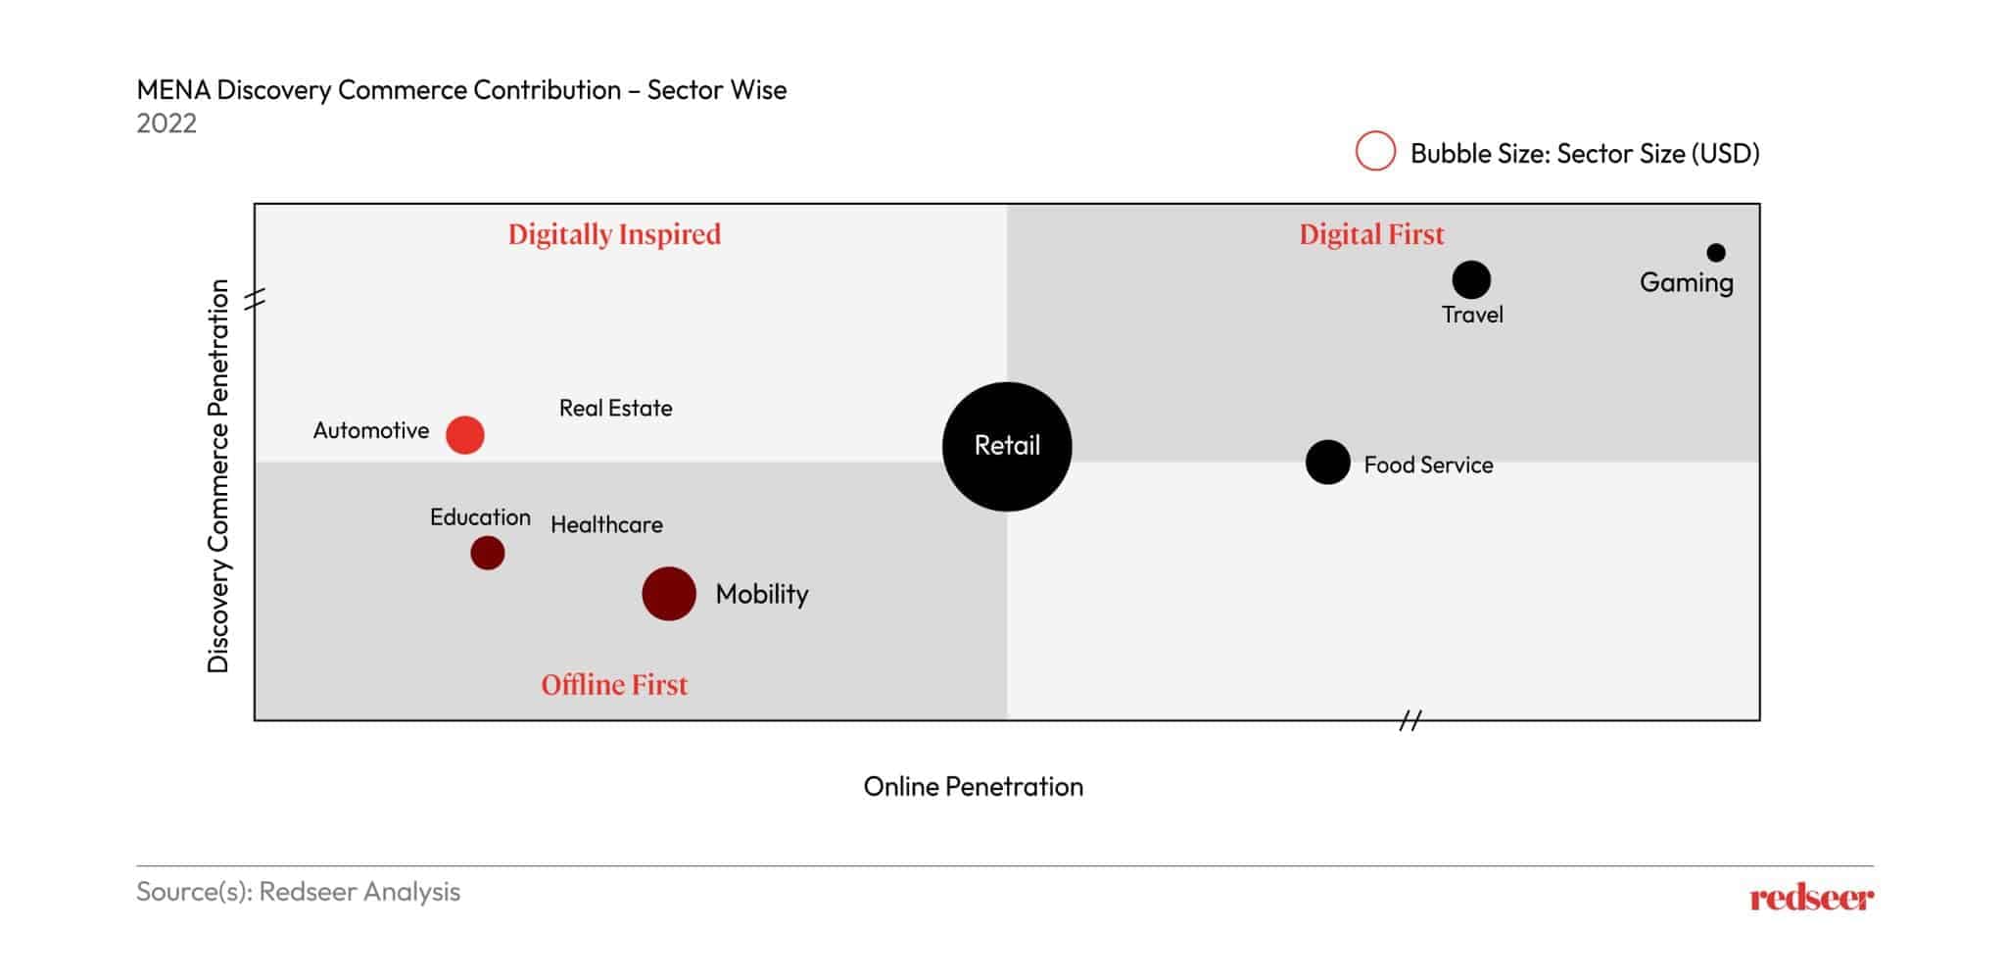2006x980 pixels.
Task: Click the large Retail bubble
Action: (x=1007, y=446)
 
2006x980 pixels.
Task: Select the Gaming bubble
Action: (x=1715, y=253)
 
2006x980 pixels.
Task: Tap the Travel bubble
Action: (x=1470, y=280)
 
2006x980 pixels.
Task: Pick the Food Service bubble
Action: (x=1327, y=463)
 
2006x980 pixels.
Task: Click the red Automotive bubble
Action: (x=464, y=434)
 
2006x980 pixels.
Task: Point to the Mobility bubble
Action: (x=669, y=594)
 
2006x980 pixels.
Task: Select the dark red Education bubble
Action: (x=487, y=553)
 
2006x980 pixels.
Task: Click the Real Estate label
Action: (x=615, y=408)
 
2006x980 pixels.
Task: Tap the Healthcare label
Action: (x=606, y=525)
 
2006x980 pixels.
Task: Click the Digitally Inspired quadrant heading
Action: (x=614, y=234)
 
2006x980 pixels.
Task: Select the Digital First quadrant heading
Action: (x=1371, y=234)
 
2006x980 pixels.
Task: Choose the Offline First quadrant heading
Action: (x=614, y=684)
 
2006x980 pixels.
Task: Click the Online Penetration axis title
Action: (x=973, y=786)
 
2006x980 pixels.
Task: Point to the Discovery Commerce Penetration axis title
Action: (x=217, y=476)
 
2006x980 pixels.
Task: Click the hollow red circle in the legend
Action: (x=1375, y=152)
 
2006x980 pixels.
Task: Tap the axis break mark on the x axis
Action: (x=1409, y=721)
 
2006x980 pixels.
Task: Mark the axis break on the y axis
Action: (x=255, y=300)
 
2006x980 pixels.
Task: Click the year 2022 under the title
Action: (x=167, y=123)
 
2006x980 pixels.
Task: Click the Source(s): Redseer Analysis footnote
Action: (x=298, y=892)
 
